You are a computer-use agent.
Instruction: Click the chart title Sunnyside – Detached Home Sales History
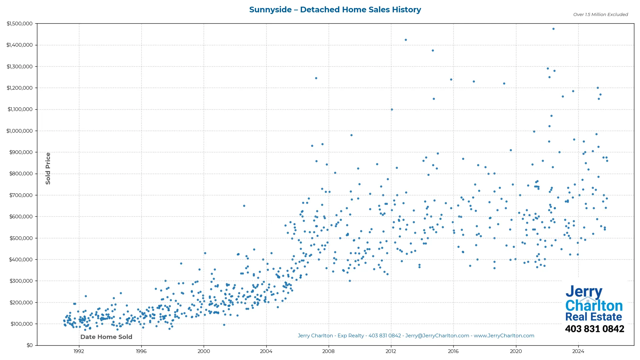pos(335,10)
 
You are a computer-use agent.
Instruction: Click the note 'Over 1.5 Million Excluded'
pos(600,15)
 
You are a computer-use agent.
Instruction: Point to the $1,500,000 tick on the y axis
pos(20,24)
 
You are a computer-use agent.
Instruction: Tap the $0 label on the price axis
pos(30,345)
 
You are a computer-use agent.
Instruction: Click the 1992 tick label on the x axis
pos(79,351)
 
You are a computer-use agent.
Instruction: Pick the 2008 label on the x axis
pos(328,351)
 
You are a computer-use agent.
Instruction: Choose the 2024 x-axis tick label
pos(578,351)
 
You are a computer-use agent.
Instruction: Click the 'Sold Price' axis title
pos(48,168)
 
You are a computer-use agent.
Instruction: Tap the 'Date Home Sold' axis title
pos(106,337)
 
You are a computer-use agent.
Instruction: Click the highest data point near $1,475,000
pos(553,29)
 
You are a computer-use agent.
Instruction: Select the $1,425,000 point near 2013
pos(406,40)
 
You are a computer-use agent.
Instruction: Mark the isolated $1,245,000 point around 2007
pos(316,78)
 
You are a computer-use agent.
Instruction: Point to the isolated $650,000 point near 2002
pos(244,206)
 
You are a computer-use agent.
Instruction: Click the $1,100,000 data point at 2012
pos(392,110)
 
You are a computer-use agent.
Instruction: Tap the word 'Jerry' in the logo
pos(584,292)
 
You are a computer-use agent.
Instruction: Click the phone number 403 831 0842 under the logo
pos(594,329)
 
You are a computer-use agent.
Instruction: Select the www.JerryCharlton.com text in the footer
pos(504,336)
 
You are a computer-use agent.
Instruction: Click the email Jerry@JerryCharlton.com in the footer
pos(437,336)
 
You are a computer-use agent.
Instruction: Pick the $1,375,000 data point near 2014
pos(433,51)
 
